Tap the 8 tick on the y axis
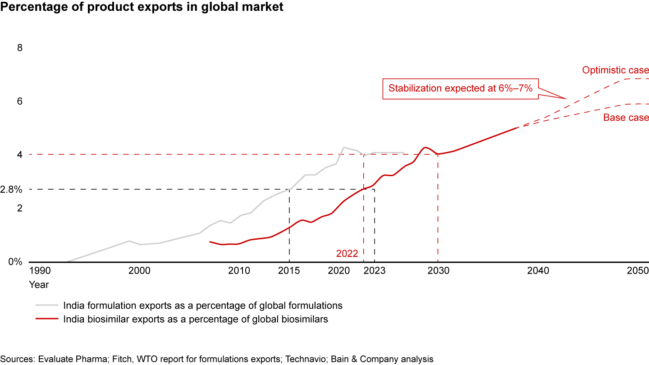19,48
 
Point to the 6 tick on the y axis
19,101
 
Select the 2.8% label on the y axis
11,190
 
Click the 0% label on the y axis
16,262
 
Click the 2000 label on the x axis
139,271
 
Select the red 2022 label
347,254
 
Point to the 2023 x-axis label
375,271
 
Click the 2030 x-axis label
438,271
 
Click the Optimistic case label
615,70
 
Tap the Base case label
626,118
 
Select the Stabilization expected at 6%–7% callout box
461,88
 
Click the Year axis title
39,285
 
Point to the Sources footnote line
217,359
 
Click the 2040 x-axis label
538,271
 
